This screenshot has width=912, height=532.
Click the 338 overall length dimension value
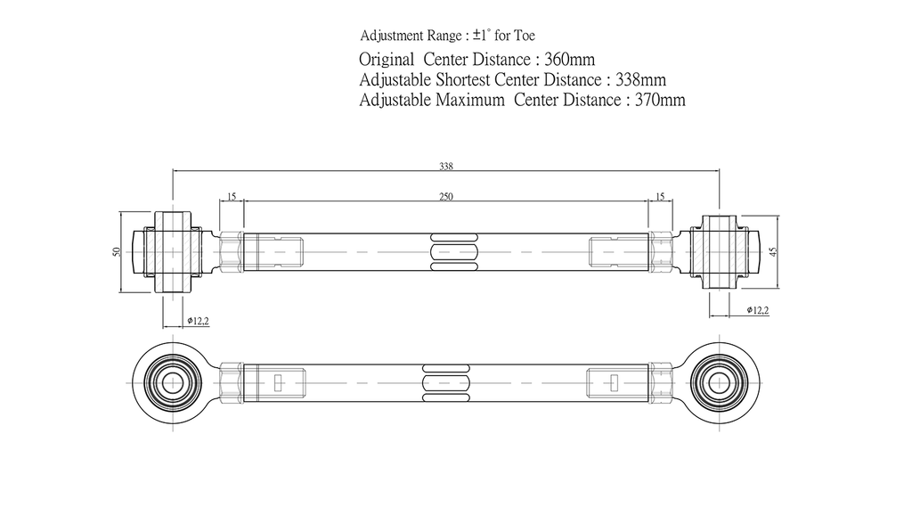(x=446, y=167)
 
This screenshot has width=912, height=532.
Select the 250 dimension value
(x=446, y=197)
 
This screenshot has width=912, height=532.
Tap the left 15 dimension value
(x=232, y=197)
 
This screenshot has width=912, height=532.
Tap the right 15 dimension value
(x=660, y=197)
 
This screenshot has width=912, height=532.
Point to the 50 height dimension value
(x=117, y=252)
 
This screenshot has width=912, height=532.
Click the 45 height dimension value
(x=773, y=251)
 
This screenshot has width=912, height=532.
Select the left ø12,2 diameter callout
(x=199, y=321)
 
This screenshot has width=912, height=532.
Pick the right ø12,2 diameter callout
(x=758, y=310)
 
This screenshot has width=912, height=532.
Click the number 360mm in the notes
(x=569, y=60)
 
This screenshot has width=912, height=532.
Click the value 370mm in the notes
(x=660, y=100)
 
